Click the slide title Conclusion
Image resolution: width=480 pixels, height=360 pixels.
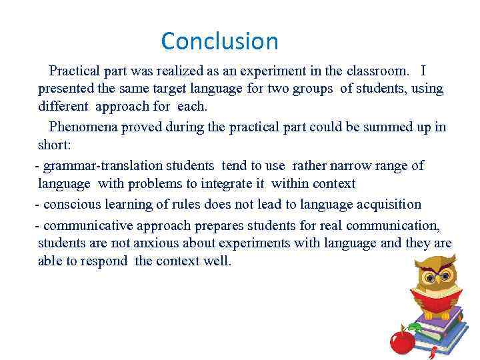[x=219, y=41]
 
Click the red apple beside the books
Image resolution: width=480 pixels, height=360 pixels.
[x=402, y=342]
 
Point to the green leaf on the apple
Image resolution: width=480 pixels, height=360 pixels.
[x=413, y=327]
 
